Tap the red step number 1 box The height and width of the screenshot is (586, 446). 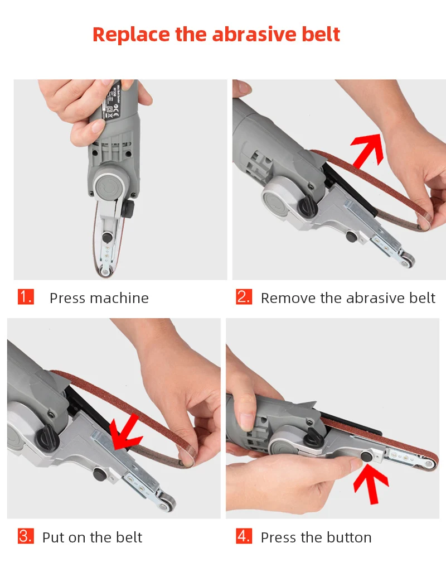pyautogui.click(x=26, y=296)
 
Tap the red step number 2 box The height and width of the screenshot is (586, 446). pyautogui.click(x=244, y=296)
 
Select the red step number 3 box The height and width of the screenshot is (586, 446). pyautogui.click(x=26, y=536)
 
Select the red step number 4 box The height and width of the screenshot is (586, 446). pyautogui.click(x=244, y=536)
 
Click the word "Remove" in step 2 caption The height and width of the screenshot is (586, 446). pyautogui.click(x=288, y=298)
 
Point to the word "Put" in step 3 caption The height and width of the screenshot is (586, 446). pyautogui.click(x=54, y=537)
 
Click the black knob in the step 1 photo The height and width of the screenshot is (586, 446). pyautogui.click(x=128, y=210)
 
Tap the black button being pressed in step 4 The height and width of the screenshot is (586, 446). pyautogui.click(x=367, y=457)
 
